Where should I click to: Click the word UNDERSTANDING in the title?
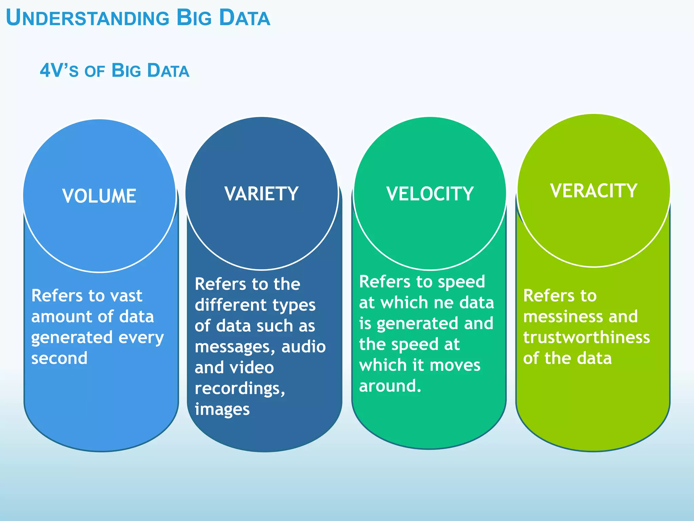(x=87, y=18)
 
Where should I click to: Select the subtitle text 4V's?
(x=59, y=71)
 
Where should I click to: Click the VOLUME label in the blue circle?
(x=99, y=196)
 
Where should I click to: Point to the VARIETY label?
(x=261, y=194)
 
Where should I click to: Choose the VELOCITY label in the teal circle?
(x=430, y=194)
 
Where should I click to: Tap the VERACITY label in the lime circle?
(x=594, y=191)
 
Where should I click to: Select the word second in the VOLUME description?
(x=59, y=358)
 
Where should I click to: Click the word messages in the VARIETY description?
(x=237, y=347)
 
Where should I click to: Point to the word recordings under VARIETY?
(x=240, y=389)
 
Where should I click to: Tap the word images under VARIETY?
(x=222, y=409)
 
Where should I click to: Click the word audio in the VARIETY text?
(x=303, y=347)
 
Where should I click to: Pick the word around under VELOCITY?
(x=390, y=386)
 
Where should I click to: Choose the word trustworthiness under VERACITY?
(x=586, y=337)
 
